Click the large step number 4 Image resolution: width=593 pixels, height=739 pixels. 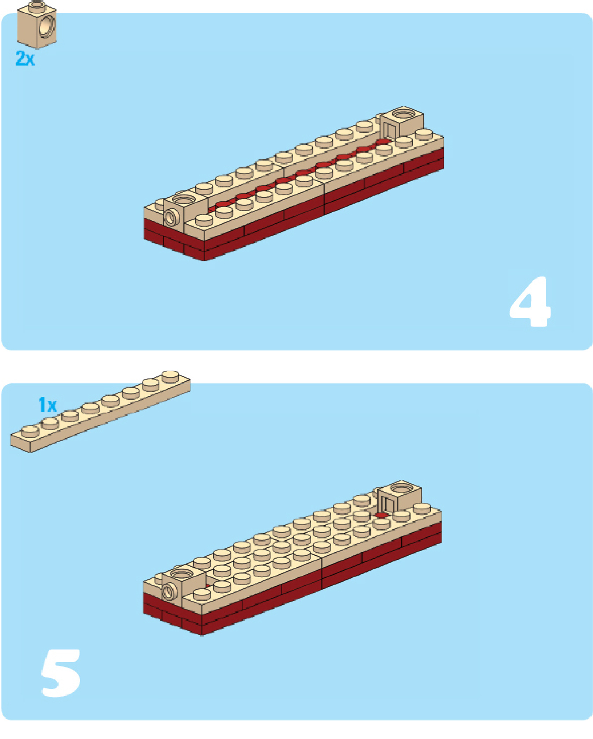coord(530,302)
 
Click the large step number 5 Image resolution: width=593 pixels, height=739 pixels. coord(61,673)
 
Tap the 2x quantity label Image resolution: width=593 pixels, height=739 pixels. coord(25,58)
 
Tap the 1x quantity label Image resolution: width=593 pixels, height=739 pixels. coord(48,405)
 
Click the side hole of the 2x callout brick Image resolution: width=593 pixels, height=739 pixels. coord(46,26)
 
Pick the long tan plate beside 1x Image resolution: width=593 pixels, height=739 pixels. coord(100,412)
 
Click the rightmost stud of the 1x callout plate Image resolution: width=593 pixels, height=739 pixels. coord(171,377)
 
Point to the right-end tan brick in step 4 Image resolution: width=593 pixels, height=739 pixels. coord(401,123)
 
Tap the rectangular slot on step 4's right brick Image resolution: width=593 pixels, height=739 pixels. coord(389,130)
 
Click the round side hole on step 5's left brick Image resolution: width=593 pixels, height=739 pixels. coord(169,591)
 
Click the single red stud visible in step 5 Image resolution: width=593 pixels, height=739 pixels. coord(382,515)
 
